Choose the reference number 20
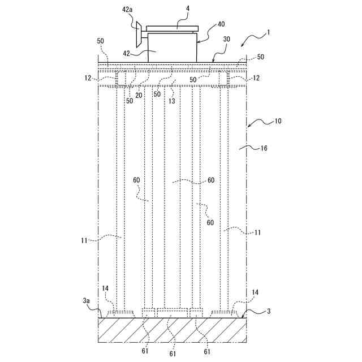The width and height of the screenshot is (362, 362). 139,95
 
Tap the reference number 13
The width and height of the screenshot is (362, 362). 171,101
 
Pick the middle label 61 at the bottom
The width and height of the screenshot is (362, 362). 173,354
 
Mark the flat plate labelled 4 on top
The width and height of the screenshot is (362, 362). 172,28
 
